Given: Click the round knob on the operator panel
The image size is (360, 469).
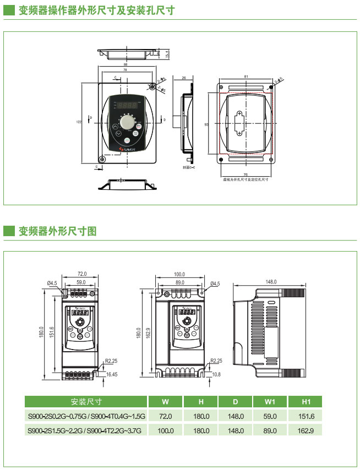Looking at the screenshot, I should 127,122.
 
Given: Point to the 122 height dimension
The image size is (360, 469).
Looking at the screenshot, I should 78,122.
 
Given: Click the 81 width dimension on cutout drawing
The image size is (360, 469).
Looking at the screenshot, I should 246,76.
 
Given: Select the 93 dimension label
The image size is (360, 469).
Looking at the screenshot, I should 206,125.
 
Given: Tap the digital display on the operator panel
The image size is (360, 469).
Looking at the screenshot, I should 127,105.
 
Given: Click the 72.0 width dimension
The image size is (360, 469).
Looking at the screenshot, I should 82,274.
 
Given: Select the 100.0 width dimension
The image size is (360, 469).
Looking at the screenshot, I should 179,274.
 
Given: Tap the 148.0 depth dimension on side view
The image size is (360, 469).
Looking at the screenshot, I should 271,282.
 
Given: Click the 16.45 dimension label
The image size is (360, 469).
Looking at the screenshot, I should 112,374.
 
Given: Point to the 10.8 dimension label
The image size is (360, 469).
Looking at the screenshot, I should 216,374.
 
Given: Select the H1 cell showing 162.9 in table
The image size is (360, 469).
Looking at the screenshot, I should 307,430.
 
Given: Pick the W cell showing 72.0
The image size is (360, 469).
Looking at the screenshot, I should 165,416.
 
